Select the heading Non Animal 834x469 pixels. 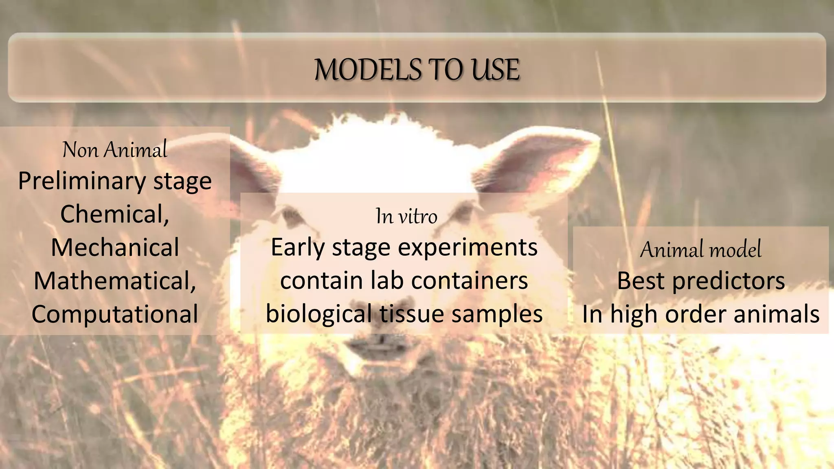point(115,149)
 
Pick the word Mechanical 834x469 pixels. point(115,247)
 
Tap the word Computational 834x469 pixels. point(115,314)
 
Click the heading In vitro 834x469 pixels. point(406,216)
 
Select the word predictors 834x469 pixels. point(728,281)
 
